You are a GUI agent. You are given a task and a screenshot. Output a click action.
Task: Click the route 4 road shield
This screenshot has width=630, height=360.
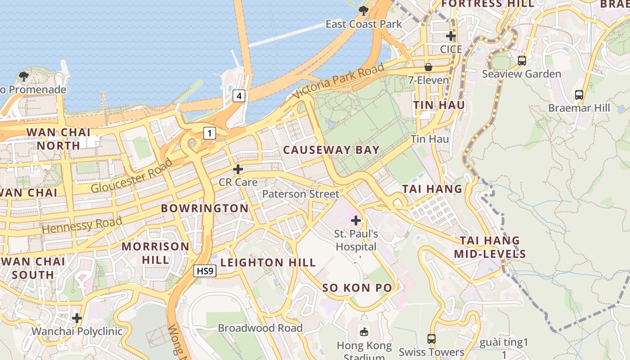coord(239,96)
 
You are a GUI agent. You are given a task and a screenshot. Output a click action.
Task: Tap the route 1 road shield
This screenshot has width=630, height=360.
coord(210,133)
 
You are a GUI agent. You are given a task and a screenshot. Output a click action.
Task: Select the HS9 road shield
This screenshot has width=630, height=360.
coord(205,271)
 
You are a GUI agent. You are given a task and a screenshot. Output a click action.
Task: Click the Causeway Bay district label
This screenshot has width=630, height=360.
coord(331,150)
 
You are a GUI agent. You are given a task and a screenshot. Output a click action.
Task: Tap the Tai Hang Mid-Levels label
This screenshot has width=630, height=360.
coord(490,247)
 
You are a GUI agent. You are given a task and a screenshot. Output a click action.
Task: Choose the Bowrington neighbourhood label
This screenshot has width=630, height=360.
coord(205,208)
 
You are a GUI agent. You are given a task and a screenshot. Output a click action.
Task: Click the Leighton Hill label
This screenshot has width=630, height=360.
coord(268,262)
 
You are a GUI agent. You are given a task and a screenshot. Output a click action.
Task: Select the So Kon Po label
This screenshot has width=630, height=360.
coord(357,288)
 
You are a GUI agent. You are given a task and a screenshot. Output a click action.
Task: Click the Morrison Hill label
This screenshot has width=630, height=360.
coord(156,253)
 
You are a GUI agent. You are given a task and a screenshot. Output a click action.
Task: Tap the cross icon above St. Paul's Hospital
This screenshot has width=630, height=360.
coord(356,220)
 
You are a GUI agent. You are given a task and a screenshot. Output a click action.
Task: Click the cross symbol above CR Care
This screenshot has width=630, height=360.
coord(238,169)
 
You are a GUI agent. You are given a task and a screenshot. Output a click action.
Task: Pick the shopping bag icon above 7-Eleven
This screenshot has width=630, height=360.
coord(428,67)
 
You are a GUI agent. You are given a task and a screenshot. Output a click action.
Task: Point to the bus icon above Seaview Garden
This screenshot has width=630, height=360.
coord(522,60)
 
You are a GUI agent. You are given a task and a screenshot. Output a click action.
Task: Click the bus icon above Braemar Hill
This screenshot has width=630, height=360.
coord(579,95)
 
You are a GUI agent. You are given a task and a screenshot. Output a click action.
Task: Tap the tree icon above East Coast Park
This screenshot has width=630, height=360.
coord(364,10)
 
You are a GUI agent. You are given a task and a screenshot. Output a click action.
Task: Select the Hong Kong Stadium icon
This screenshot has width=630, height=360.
coord(364,332)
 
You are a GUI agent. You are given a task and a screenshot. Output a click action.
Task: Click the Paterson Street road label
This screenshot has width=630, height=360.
coord(301,194)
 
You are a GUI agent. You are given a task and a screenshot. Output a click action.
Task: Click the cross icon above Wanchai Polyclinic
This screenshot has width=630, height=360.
coord(77,318)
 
